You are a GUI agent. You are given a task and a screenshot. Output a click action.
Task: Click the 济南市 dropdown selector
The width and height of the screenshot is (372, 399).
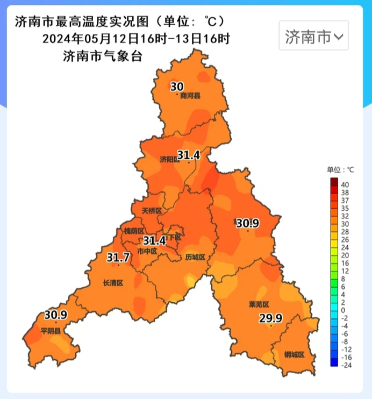click(313, 37)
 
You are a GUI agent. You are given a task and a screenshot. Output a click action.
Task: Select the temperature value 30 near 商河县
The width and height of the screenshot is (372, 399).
click(177, 86)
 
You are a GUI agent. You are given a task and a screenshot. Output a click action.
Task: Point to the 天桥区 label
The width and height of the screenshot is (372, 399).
click(152, 211)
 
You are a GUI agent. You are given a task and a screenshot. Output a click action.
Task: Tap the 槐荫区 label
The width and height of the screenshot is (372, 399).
click(134, 231)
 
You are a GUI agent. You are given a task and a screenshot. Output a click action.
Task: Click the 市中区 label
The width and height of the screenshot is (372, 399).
click(147, 251)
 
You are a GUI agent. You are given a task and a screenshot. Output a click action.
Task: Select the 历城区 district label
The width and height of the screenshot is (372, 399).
click(195, 257)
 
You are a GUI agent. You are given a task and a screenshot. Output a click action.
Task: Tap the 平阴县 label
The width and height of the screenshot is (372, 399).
click(51, 330)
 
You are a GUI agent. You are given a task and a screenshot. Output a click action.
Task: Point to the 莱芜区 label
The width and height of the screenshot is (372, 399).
click(259, 304)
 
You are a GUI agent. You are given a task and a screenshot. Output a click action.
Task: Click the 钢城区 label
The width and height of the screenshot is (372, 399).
click(295, 354)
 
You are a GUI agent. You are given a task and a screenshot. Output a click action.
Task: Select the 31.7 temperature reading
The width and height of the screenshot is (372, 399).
click(118, 257)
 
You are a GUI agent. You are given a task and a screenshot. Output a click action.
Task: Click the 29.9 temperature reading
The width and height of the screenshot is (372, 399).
click(271, 318)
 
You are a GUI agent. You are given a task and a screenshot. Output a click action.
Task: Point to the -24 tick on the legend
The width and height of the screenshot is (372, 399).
click(346, 365)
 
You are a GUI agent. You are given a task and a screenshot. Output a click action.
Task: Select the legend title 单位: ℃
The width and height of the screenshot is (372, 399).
click(341, 169)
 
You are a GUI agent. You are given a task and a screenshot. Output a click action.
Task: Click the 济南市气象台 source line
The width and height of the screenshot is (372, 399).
click(103, 56)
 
